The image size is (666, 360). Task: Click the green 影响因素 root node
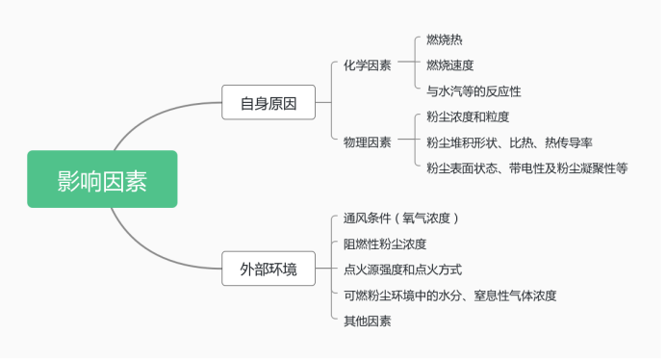point(102,179)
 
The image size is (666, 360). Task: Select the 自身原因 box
point(269,101)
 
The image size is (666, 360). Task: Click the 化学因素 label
point(367,65)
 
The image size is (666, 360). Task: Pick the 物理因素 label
point(367,141)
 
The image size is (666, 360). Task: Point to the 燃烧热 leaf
point(444,40)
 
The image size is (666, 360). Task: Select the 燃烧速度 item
point(450,65)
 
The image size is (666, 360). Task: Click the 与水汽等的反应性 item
point(474,91)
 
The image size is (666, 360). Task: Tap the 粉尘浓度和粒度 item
point(468,116)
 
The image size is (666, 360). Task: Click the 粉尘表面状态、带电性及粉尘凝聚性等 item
point(527,167)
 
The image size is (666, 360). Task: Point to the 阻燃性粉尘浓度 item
point(385,244)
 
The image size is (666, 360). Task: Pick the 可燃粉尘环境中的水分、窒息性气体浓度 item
point(450,296)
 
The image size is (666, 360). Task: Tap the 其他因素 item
point(367,321)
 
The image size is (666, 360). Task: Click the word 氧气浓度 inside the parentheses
point(427,218)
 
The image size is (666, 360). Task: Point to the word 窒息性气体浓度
point(516,296)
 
